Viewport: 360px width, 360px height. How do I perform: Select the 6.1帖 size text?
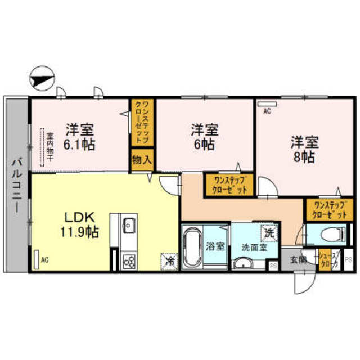[x=79, y=143]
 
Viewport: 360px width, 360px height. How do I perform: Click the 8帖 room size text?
[x=304, y=156]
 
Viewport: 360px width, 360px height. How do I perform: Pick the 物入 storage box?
[x=142, y=160]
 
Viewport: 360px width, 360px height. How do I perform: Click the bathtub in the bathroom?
[x=193, y=248]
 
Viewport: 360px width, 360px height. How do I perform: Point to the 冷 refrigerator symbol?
[x=168, y=260]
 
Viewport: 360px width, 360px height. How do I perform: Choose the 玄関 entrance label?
[x=298, y=259]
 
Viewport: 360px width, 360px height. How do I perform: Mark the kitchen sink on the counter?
[x=129, y=227]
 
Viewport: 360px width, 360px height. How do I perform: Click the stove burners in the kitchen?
[x=129, y=260]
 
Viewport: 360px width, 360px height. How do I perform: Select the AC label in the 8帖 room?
[x=267, y=111]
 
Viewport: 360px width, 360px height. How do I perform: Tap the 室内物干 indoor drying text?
[x=49, y=147]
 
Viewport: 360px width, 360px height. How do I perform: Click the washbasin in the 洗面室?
[x=244, y=263]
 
